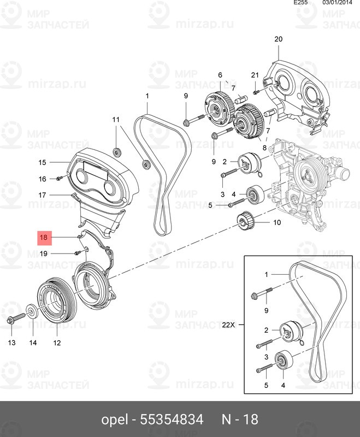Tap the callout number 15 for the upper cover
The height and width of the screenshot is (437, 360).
[x=43, y=162]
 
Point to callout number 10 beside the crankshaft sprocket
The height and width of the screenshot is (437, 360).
[x=276, y=222]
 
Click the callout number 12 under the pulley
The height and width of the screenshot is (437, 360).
[x=57, y=343]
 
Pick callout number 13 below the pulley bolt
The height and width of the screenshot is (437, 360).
[x=11, y=343]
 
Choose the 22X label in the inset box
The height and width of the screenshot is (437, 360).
[x=228, y=324]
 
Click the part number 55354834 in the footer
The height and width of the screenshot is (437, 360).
[x=172, y=420]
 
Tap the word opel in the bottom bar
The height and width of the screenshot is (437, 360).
[x=115, y=420]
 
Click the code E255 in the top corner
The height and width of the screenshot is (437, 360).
[x=301, y=3]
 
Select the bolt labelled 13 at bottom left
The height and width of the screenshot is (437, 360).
[x=14, y=318]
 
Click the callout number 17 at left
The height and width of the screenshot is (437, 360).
[x=43, y=195]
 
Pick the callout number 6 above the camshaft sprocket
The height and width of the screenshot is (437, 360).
[x=220, y=75]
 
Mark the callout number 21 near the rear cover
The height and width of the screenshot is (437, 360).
[x=254, y=75]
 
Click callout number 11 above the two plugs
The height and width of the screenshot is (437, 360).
[x=116, y=120]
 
